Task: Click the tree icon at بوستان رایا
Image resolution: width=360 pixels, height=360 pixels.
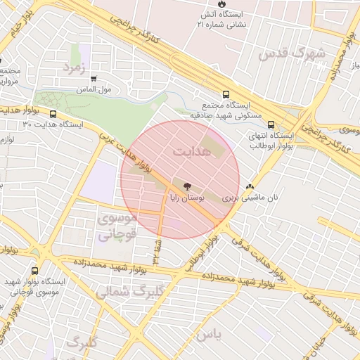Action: (187, 187)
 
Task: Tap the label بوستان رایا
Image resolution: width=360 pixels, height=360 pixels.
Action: (186, 199)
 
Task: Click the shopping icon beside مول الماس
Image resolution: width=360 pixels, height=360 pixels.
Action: (94, 79)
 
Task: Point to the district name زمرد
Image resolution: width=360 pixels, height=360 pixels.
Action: (74, 67)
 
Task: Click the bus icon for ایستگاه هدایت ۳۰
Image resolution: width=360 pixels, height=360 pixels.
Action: (53, 113)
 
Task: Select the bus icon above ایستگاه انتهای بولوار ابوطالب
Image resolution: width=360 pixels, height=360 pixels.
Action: (271, 124)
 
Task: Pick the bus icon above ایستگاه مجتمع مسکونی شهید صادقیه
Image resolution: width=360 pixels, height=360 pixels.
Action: (226, 93)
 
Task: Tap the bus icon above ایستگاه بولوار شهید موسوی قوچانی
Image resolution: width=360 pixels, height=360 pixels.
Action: (35, 271)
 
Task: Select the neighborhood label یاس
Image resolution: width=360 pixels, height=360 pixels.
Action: (209, 335)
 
